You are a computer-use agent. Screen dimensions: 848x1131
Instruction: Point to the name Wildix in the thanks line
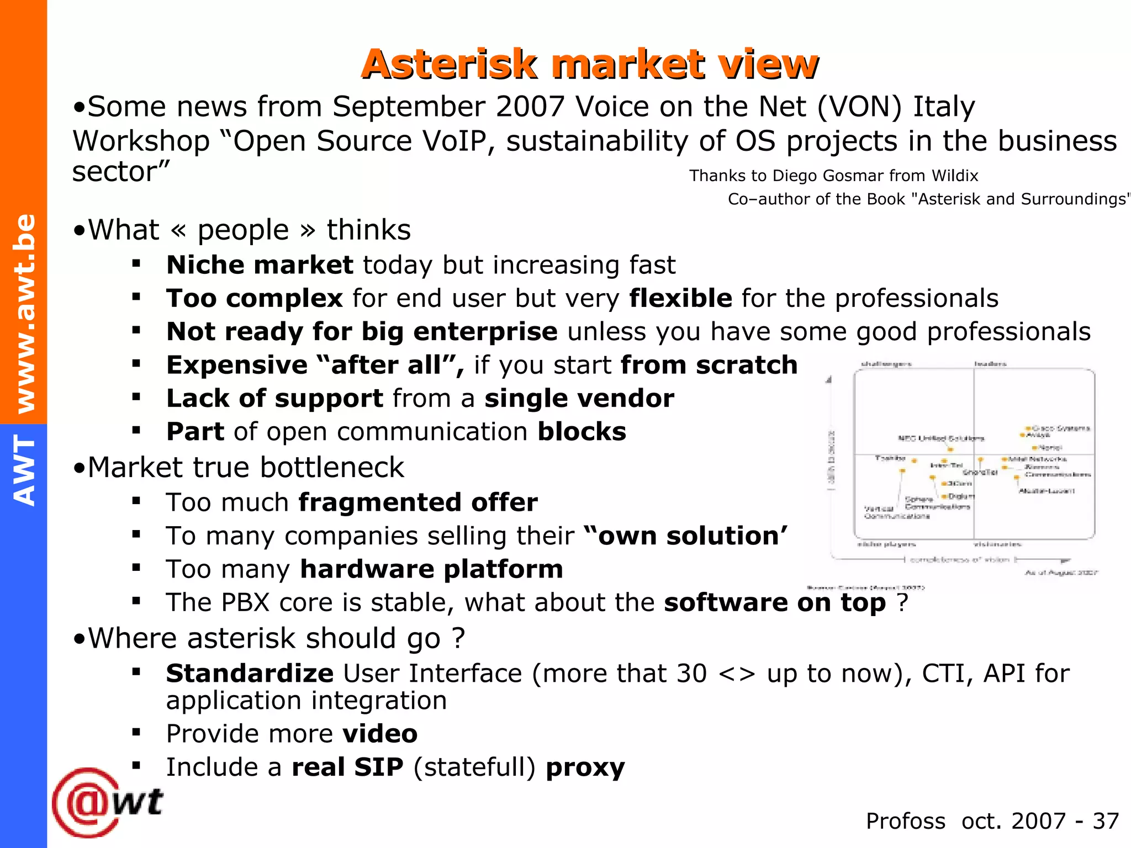[954, 176]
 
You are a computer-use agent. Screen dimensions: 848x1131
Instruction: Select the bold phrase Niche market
[260, 265]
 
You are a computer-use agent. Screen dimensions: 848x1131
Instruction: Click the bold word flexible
[680, 298]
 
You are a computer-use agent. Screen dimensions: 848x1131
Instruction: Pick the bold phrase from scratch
[709, 365]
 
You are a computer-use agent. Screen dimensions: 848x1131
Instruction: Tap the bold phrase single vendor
[579, 398]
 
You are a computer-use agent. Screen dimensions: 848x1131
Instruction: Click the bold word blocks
[582, 432]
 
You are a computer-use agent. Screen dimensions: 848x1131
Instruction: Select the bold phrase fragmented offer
[418, 502]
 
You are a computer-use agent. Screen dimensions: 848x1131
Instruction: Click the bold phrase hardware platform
[431, 569]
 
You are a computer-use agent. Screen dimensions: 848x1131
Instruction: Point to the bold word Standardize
[250, 674]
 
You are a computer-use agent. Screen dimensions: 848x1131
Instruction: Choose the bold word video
[380, 734]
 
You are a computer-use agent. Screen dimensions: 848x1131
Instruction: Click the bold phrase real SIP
[347, 767]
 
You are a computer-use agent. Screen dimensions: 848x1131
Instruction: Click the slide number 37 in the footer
[1106, 821]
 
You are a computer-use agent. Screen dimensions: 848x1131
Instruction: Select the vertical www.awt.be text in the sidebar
[25, 314]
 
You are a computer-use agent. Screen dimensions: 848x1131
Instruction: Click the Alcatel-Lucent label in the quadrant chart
[1047, 491]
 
